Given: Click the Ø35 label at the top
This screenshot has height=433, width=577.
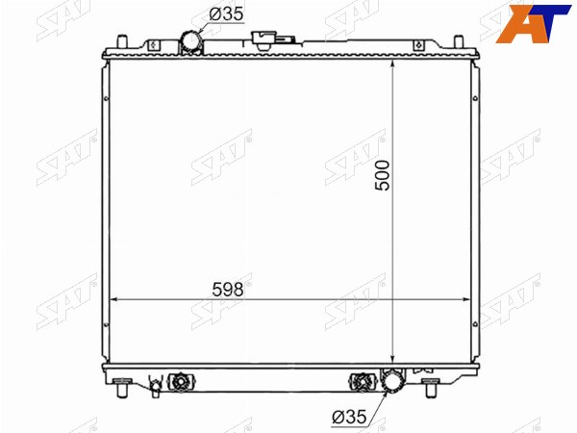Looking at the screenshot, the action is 226,14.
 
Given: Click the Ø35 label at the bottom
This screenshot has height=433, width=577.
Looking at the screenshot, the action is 350,417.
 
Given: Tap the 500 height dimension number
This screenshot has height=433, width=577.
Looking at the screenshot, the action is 383,175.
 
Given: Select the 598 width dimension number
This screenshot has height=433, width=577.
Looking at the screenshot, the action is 228,290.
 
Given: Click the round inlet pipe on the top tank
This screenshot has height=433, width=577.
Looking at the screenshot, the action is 190,41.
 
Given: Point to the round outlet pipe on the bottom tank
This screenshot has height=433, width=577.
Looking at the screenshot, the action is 393,381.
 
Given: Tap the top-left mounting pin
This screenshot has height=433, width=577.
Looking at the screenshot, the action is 122,41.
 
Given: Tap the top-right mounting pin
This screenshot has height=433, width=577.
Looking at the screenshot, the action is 458,41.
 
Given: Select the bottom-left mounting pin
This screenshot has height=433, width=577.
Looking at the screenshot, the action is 122,388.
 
